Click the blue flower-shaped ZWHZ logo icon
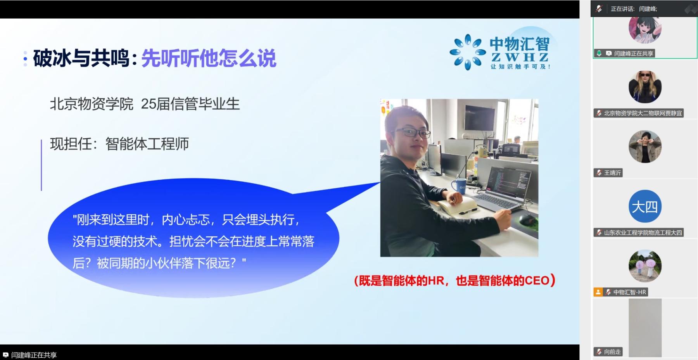pyautogui.click(x=468, y=52)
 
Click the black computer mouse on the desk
pyautogui.click(x=526, y=219)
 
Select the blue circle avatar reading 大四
pyautogui.click(x=645, y=206)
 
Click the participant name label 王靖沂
pyautogui.click(x=612, y=173)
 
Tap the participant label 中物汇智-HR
pyautogui.click(x=630, y=292)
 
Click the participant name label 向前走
pyautogui.click(x=612, y=352)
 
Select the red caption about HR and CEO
pyautogui.click(x=454, y=281)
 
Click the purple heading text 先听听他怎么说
pyautogui.click(x=209, y=59)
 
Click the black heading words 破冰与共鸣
pyautogui.click(x=81, y=59)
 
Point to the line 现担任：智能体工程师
pyautogui.click(x=119, y=144)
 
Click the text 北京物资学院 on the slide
pyautogui.click(x=92, y=104)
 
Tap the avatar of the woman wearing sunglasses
pyautogui.click(x=645, y=87)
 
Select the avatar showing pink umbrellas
pyautogui.click(x=645, y=266)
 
